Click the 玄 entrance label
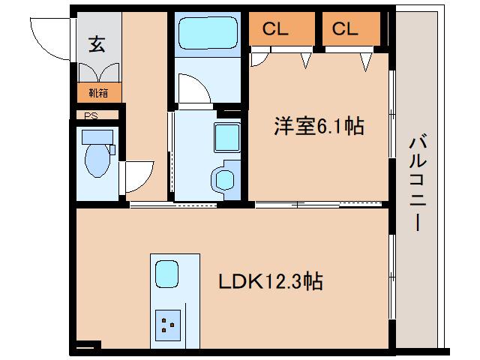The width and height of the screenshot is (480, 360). (x=97, y=43)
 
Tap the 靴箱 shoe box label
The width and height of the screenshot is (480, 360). (x=97, y=94)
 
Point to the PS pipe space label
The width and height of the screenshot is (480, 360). (x=91, y=115)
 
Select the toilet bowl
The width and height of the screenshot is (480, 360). (x=97, y=160)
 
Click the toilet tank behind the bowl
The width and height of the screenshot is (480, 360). (x=97, y=136)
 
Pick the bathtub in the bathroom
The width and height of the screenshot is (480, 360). (x=206, y=34)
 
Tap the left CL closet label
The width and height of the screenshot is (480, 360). (x=275, y=29)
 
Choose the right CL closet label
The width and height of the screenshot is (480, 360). (x=346, y=29)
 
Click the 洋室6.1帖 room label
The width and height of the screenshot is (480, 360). (x=318, y=127)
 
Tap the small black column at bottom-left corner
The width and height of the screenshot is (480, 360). (x=88, y=346)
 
